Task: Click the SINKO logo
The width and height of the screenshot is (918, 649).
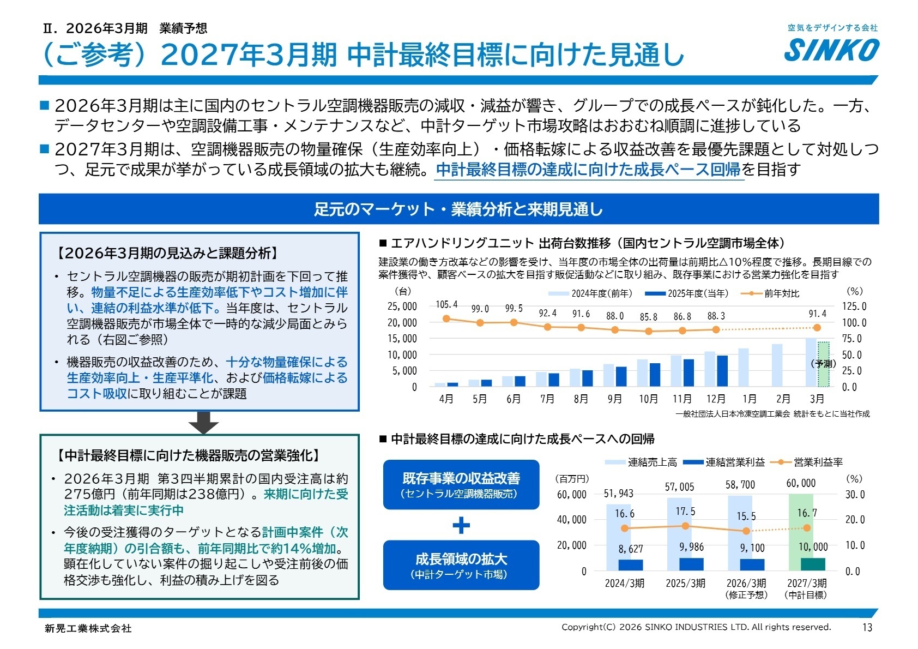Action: tap(832, 50)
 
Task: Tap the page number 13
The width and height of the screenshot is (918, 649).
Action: tap(867, 627)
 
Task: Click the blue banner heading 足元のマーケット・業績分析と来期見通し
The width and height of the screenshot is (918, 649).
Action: tap(458, 209)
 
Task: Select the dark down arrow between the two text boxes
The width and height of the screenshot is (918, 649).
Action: tap(203, 423)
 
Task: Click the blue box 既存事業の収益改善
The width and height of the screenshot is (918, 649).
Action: tap(461, 484)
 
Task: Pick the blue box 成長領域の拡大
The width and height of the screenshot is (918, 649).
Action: tap(461, 565)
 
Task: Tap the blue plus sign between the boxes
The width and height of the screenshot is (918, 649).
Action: tap(461, 525)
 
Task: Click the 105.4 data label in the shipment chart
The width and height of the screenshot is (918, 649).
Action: tap(446, 304)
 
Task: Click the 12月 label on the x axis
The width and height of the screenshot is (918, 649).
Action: tap(716, 399)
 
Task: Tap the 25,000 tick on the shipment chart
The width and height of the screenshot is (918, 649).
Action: tap(402, 307)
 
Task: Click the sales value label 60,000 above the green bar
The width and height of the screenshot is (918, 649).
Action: tap(801, 483)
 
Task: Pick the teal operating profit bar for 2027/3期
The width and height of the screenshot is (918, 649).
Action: tap(813, 564)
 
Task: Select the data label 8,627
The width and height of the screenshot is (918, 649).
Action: tap(631, 549)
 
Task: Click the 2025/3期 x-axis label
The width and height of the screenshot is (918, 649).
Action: tap(685, 583)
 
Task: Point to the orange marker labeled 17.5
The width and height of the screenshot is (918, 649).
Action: tap(685, 526)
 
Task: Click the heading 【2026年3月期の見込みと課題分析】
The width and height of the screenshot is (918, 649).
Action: tap(168, 253)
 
